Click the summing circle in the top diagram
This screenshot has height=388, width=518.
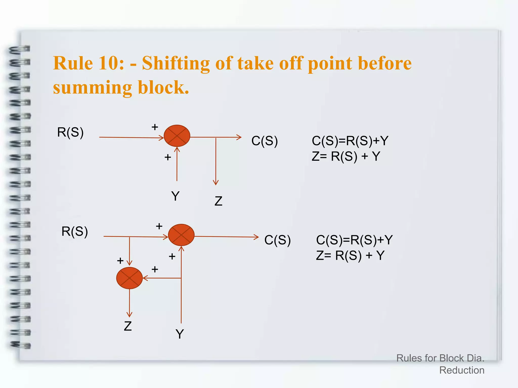(177, 136)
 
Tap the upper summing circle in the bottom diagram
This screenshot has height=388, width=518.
(181, 235)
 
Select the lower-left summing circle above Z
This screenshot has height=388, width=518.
(129, 278)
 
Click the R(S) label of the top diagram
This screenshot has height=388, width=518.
(70, 132)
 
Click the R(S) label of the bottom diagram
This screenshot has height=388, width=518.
(75, 231)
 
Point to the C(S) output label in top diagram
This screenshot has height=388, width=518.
(265, 141)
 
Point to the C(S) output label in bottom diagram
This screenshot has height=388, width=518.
(277, 240)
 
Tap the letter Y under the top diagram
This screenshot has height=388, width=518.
(175, 196)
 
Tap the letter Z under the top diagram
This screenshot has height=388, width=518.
(218, 201)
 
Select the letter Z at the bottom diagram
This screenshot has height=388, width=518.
(128, 326)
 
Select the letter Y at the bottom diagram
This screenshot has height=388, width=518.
(180, 334)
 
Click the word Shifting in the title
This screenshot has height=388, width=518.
(176, 63)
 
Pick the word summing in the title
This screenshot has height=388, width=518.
(92, 87)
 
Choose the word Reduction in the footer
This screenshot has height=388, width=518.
(462, 370)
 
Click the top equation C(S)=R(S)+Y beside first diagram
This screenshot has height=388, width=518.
(350, 141)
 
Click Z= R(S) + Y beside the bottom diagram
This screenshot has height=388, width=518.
(350, 255)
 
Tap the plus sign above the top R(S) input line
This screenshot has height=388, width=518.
(155, 127)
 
